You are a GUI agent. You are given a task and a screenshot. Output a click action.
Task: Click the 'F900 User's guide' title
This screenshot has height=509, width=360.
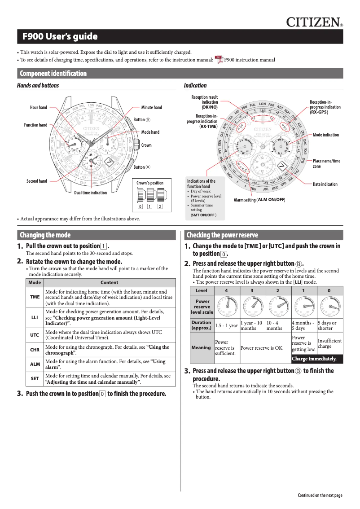[60, 37]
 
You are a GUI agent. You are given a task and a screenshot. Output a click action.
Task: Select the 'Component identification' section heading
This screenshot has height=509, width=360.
[53, 74]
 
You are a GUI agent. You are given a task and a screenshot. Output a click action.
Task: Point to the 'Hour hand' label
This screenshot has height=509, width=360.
[39, 108]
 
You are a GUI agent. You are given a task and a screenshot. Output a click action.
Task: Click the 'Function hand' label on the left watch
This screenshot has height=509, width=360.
[35, 125]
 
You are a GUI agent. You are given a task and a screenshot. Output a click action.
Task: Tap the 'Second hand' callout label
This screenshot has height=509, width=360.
[37, 181]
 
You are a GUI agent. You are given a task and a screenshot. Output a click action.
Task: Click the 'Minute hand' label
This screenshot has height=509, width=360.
[152, 108]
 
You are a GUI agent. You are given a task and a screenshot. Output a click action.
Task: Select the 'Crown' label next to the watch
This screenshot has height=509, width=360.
[146, 145]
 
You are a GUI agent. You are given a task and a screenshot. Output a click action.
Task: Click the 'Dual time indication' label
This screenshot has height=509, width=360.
[90, 193]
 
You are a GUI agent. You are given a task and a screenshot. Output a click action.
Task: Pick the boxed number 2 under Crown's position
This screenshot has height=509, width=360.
[160, 206]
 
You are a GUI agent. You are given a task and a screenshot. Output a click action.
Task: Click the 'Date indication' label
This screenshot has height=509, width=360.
[325, 184]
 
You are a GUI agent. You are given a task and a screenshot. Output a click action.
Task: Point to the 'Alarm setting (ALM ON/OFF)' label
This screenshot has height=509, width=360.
[260, 199]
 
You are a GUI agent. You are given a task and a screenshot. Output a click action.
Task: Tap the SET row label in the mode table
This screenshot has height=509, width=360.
[35, 379]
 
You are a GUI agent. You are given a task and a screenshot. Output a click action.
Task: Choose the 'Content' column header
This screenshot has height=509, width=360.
[110, 282]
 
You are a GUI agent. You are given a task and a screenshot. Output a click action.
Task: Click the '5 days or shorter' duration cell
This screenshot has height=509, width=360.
[329, 325]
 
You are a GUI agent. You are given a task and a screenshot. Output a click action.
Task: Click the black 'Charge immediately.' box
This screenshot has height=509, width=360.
[317, 359]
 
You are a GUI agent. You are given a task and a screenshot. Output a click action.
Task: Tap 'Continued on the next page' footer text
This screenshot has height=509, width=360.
[320, 496]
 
